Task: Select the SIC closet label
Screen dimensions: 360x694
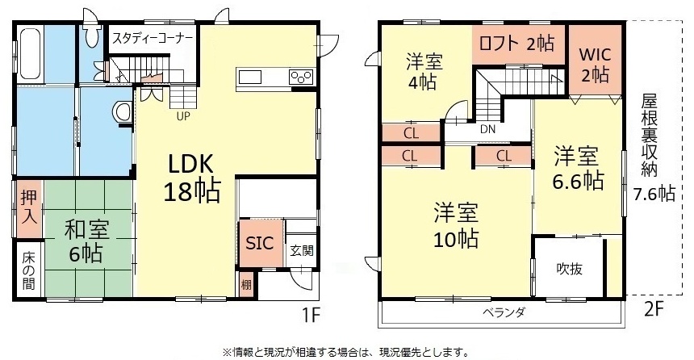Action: coord(259,244)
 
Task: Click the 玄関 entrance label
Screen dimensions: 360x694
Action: coord(302,250)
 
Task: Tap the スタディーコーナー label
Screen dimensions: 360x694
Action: coord(153,38)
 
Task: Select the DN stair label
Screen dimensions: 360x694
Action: coord(487,129)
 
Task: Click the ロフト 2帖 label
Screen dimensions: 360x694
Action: coord(518,43)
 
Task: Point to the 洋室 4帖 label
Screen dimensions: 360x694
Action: coord(423,71)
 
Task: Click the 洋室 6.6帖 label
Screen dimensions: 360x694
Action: coord(577,167)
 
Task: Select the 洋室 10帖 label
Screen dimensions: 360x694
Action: coord(456,225)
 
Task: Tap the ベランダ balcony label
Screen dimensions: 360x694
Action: coord(504,312)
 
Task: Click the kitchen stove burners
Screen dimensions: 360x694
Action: coord(301,77)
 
